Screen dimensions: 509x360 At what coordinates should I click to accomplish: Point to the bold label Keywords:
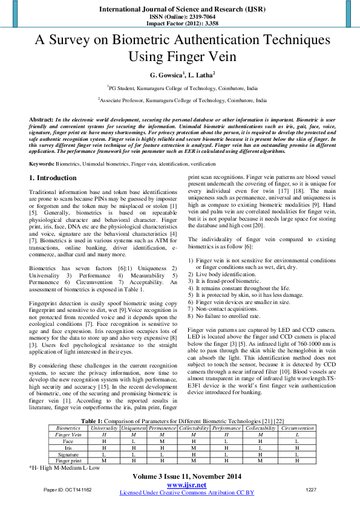pos(42,164)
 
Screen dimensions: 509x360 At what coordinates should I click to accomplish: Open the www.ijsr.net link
pos(186,485)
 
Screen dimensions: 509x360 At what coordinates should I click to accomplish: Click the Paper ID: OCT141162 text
pos(68,489)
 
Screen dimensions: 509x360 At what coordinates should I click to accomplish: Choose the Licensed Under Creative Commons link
pos(186,493)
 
